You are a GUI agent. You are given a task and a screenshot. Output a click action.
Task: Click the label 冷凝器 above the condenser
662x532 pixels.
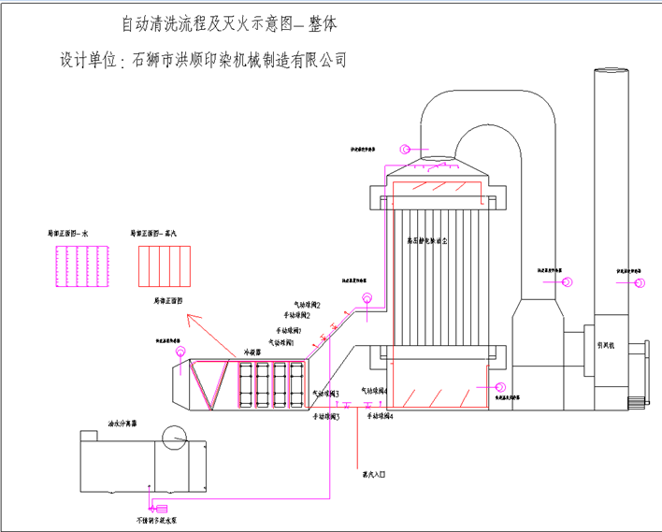click(x=252, y=352)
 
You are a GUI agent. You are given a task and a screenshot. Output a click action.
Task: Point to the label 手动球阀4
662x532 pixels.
click(x=380, y=415)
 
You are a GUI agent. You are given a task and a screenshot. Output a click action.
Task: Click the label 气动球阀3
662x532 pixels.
click(x=325, y=394)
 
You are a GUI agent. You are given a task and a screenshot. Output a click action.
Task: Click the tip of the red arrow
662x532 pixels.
click(x=188, y=317)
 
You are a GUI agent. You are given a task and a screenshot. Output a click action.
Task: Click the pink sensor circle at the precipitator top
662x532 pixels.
click(x=404, y=150)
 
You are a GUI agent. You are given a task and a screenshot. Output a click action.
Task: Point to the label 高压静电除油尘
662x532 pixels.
click(x=427, y=241)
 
